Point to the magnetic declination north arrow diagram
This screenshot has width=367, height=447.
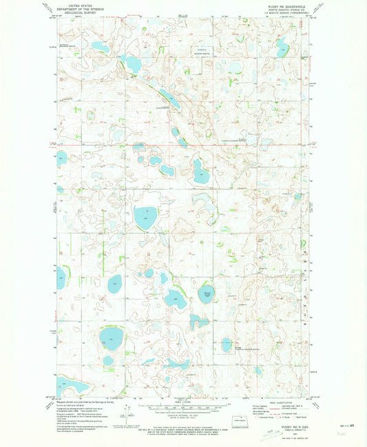tap(124, 411)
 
